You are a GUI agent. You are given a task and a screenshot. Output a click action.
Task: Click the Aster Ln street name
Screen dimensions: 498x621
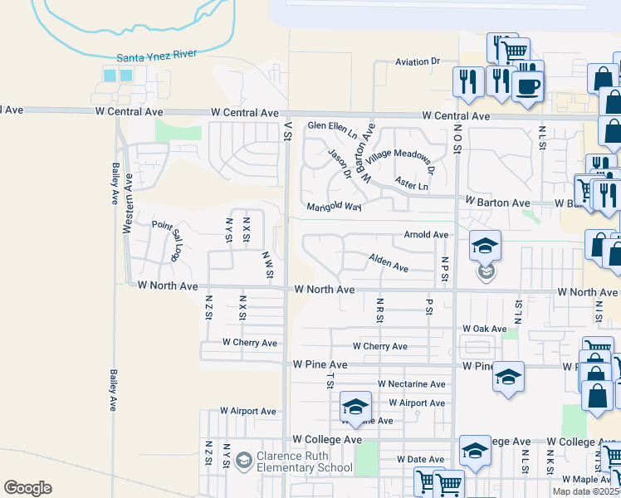click(412, 184)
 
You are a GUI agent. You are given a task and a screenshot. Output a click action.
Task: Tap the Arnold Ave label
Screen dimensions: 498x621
click(426, 235)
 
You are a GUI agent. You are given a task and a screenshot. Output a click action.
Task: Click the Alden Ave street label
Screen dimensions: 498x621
click(389, 264)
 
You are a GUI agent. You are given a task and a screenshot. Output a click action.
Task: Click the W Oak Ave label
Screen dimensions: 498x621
click(484, 329)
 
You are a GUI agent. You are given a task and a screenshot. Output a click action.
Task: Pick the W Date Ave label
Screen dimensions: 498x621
click(423, 459)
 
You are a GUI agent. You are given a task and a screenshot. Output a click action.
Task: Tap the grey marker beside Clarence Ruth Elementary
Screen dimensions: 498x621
click(243, 460)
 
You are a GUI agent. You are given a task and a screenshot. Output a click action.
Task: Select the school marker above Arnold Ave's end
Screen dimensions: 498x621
click(485, 245)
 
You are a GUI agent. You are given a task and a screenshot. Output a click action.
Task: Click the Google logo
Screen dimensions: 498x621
click(27, 488)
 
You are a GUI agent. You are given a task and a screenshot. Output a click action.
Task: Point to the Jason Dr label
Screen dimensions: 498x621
click(340, 162)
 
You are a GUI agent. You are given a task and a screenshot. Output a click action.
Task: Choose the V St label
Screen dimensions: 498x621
click(289, 132)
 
